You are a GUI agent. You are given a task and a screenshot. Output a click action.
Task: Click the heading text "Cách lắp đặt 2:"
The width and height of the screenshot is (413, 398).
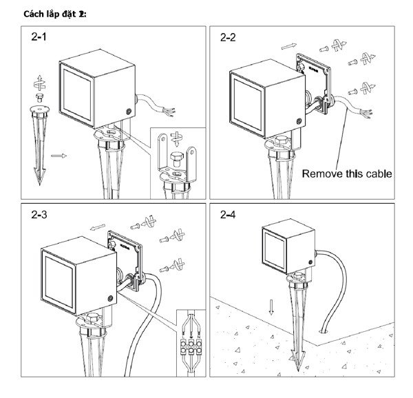pos(55,14)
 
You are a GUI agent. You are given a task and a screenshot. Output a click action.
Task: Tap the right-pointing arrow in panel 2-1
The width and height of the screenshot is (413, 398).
pos(59,156)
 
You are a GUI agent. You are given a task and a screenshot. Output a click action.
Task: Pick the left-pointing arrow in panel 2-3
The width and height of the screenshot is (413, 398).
pos(99,224)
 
